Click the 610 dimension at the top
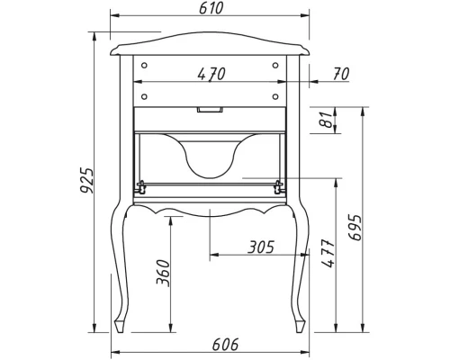coord(209,8)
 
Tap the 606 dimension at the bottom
coord(209,343)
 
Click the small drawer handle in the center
coord(211,111)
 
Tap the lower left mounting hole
coord(142,94)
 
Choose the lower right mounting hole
coord(275,94)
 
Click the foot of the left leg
coord(120,323)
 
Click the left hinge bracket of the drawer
coord(141,187)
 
